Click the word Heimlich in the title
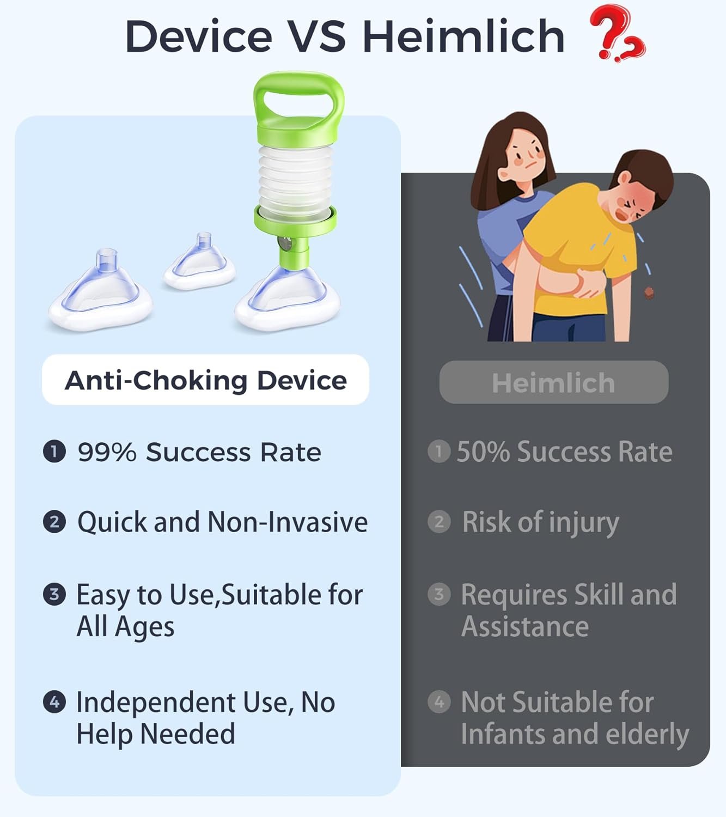[x=463, y=36]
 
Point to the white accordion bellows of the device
[x=296, y=181]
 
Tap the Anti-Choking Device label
[x=206, y=380]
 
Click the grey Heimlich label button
[x=554, y=382]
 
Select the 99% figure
[x=107, y=452]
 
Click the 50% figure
[x=483, y=452]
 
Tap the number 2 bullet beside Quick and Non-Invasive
[x=54, y=522]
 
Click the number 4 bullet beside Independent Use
[x=54, y=702]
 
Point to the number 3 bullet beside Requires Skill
[x=439, y=594]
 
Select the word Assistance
[x=524, y=627]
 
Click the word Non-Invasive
[x=287, y=522]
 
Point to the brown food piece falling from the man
[x=649, y=293]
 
